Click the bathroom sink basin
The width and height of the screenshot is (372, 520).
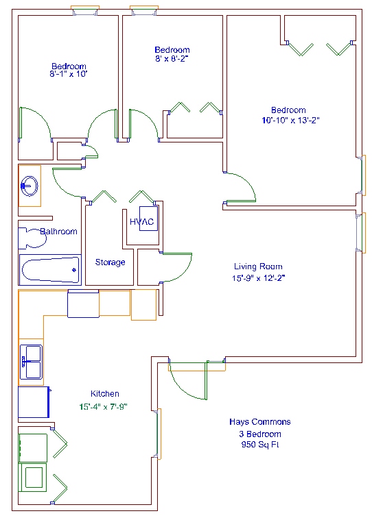point(30,186)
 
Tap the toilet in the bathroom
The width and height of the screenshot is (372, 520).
point(32,238)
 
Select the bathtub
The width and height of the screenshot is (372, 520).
point(50,270)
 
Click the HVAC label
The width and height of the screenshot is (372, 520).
point(142,221)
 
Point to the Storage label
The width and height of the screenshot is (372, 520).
point(111,262)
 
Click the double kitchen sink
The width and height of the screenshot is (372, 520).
point(31,362)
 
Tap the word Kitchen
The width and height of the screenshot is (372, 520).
point(105,394)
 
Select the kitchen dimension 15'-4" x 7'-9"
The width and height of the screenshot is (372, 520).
point(104,406)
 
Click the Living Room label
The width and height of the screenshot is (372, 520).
point(258,267)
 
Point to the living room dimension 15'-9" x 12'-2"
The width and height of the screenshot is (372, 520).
point(258,278)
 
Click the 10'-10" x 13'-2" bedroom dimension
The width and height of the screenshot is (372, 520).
point(290,120)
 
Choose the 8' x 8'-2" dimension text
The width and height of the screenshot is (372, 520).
point(172,59)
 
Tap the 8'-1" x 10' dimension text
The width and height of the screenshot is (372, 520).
point(69,73)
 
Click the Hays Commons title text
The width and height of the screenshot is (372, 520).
point(260,422)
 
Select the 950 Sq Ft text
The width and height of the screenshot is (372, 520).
point(260,445)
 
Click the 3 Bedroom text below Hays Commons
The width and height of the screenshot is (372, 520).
point(260,434)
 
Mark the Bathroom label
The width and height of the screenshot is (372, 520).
point(59,232)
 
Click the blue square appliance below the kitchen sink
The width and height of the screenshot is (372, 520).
point(34,402)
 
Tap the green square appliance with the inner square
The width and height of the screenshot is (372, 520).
point(32,478)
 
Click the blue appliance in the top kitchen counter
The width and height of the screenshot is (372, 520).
point(83,304)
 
